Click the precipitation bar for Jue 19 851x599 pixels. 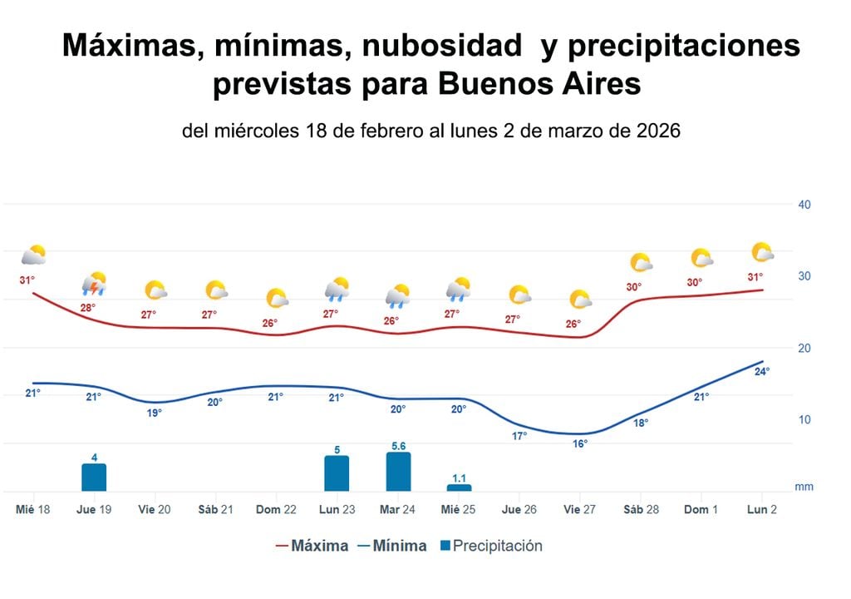coord(94,478)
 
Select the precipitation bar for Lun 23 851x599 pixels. coord(337,473)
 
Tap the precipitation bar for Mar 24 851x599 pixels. coord(398,472)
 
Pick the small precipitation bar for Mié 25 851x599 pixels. coord(459,488)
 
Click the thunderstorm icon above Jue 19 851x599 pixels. coord(95,285)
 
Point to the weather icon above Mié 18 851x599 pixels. coord(33,255)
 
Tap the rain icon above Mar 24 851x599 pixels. coord(397,295)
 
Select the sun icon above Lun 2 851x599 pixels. coord(762,252)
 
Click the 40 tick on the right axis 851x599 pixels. coord(804,205)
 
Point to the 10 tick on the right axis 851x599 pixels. coord(804,420)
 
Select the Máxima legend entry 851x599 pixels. coord(312,547)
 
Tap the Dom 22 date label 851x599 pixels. coord(276,509)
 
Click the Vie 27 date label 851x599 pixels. coord(580,509)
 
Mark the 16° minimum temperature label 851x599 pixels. coord(580,444)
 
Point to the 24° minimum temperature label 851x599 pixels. coord(761,372)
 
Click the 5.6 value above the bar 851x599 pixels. coord(398,446)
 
